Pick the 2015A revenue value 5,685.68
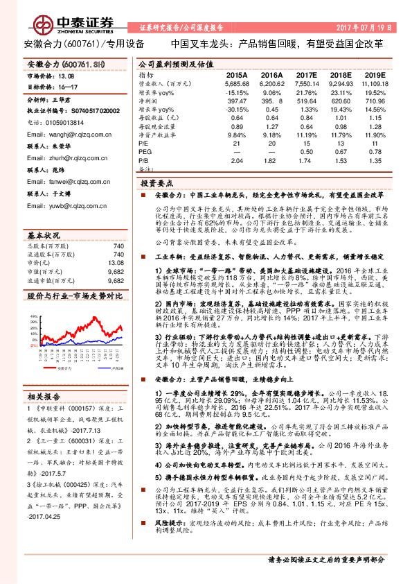click(x=235, y=83)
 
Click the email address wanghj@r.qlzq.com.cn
click(x=60, y=129)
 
